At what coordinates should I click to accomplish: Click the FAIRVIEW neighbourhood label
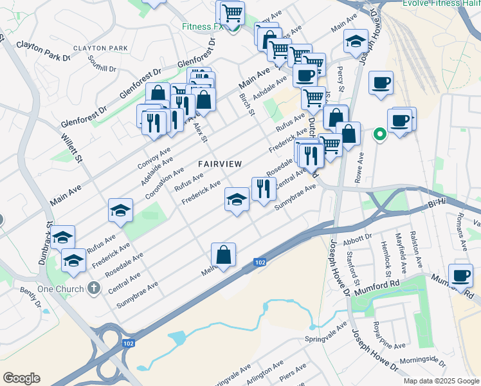pyautogui.click(x=220, y=164)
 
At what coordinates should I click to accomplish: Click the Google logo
pyautogui.click(x=21, y=378)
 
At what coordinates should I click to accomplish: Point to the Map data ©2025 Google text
pyautogui.click(x=441, y=381)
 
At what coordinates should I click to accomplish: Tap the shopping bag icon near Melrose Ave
pyautogui.click(x=223, y=255)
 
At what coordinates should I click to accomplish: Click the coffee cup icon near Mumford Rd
pyautogui.click(x=460, y=275)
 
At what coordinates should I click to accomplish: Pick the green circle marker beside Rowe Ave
pyautogui.click(x=379, y=134)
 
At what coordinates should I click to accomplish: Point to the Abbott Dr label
pyautogui.click(x=358, y=237)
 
